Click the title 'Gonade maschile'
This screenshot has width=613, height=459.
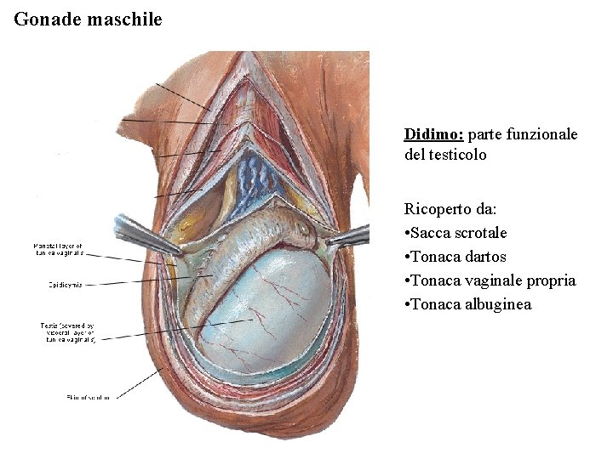click(x=88, y=18)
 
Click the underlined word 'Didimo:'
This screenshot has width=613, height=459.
click(x=433, y=134)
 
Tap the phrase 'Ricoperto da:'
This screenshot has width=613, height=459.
click(x=448, y=209)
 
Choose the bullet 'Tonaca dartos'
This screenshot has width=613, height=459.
click(x=459, y=257)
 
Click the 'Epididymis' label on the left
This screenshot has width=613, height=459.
click(x=64, y=284)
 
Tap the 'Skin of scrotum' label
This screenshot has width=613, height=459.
click(x=88, y=397)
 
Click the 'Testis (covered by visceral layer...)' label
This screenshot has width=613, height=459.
click(x=71, y=332)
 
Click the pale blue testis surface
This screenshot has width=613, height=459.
click(x=281, y=314)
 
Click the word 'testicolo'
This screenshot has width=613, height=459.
click(x=456, y=155)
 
